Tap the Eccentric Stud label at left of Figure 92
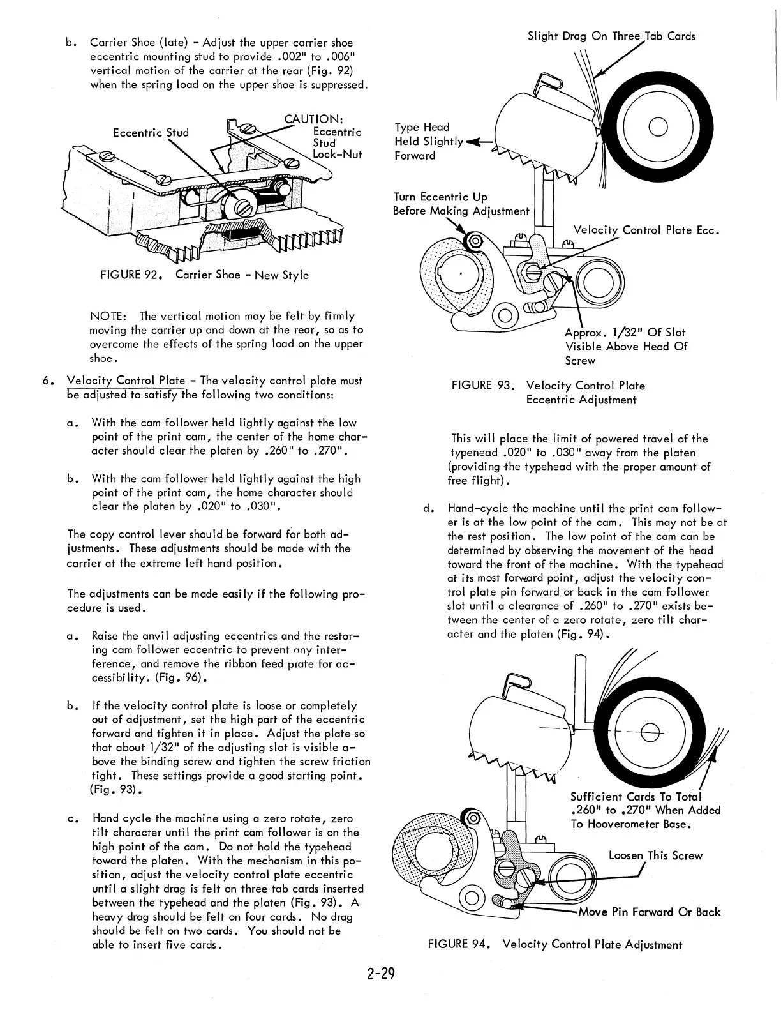click(151, 133)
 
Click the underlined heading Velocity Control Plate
click(126, 381)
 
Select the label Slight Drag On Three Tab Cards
click(611, 36)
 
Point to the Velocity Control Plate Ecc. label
click(646, 230)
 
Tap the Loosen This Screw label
click(655, 855)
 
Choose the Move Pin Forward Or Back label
click(650, 912)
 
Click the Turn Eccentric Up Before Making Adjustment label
click(461, 204)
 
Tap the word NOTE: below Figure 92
click(110, 316)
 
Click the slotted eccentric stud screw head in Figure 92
click(244, 206)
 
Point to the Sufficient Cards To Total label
click(644, 810)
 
